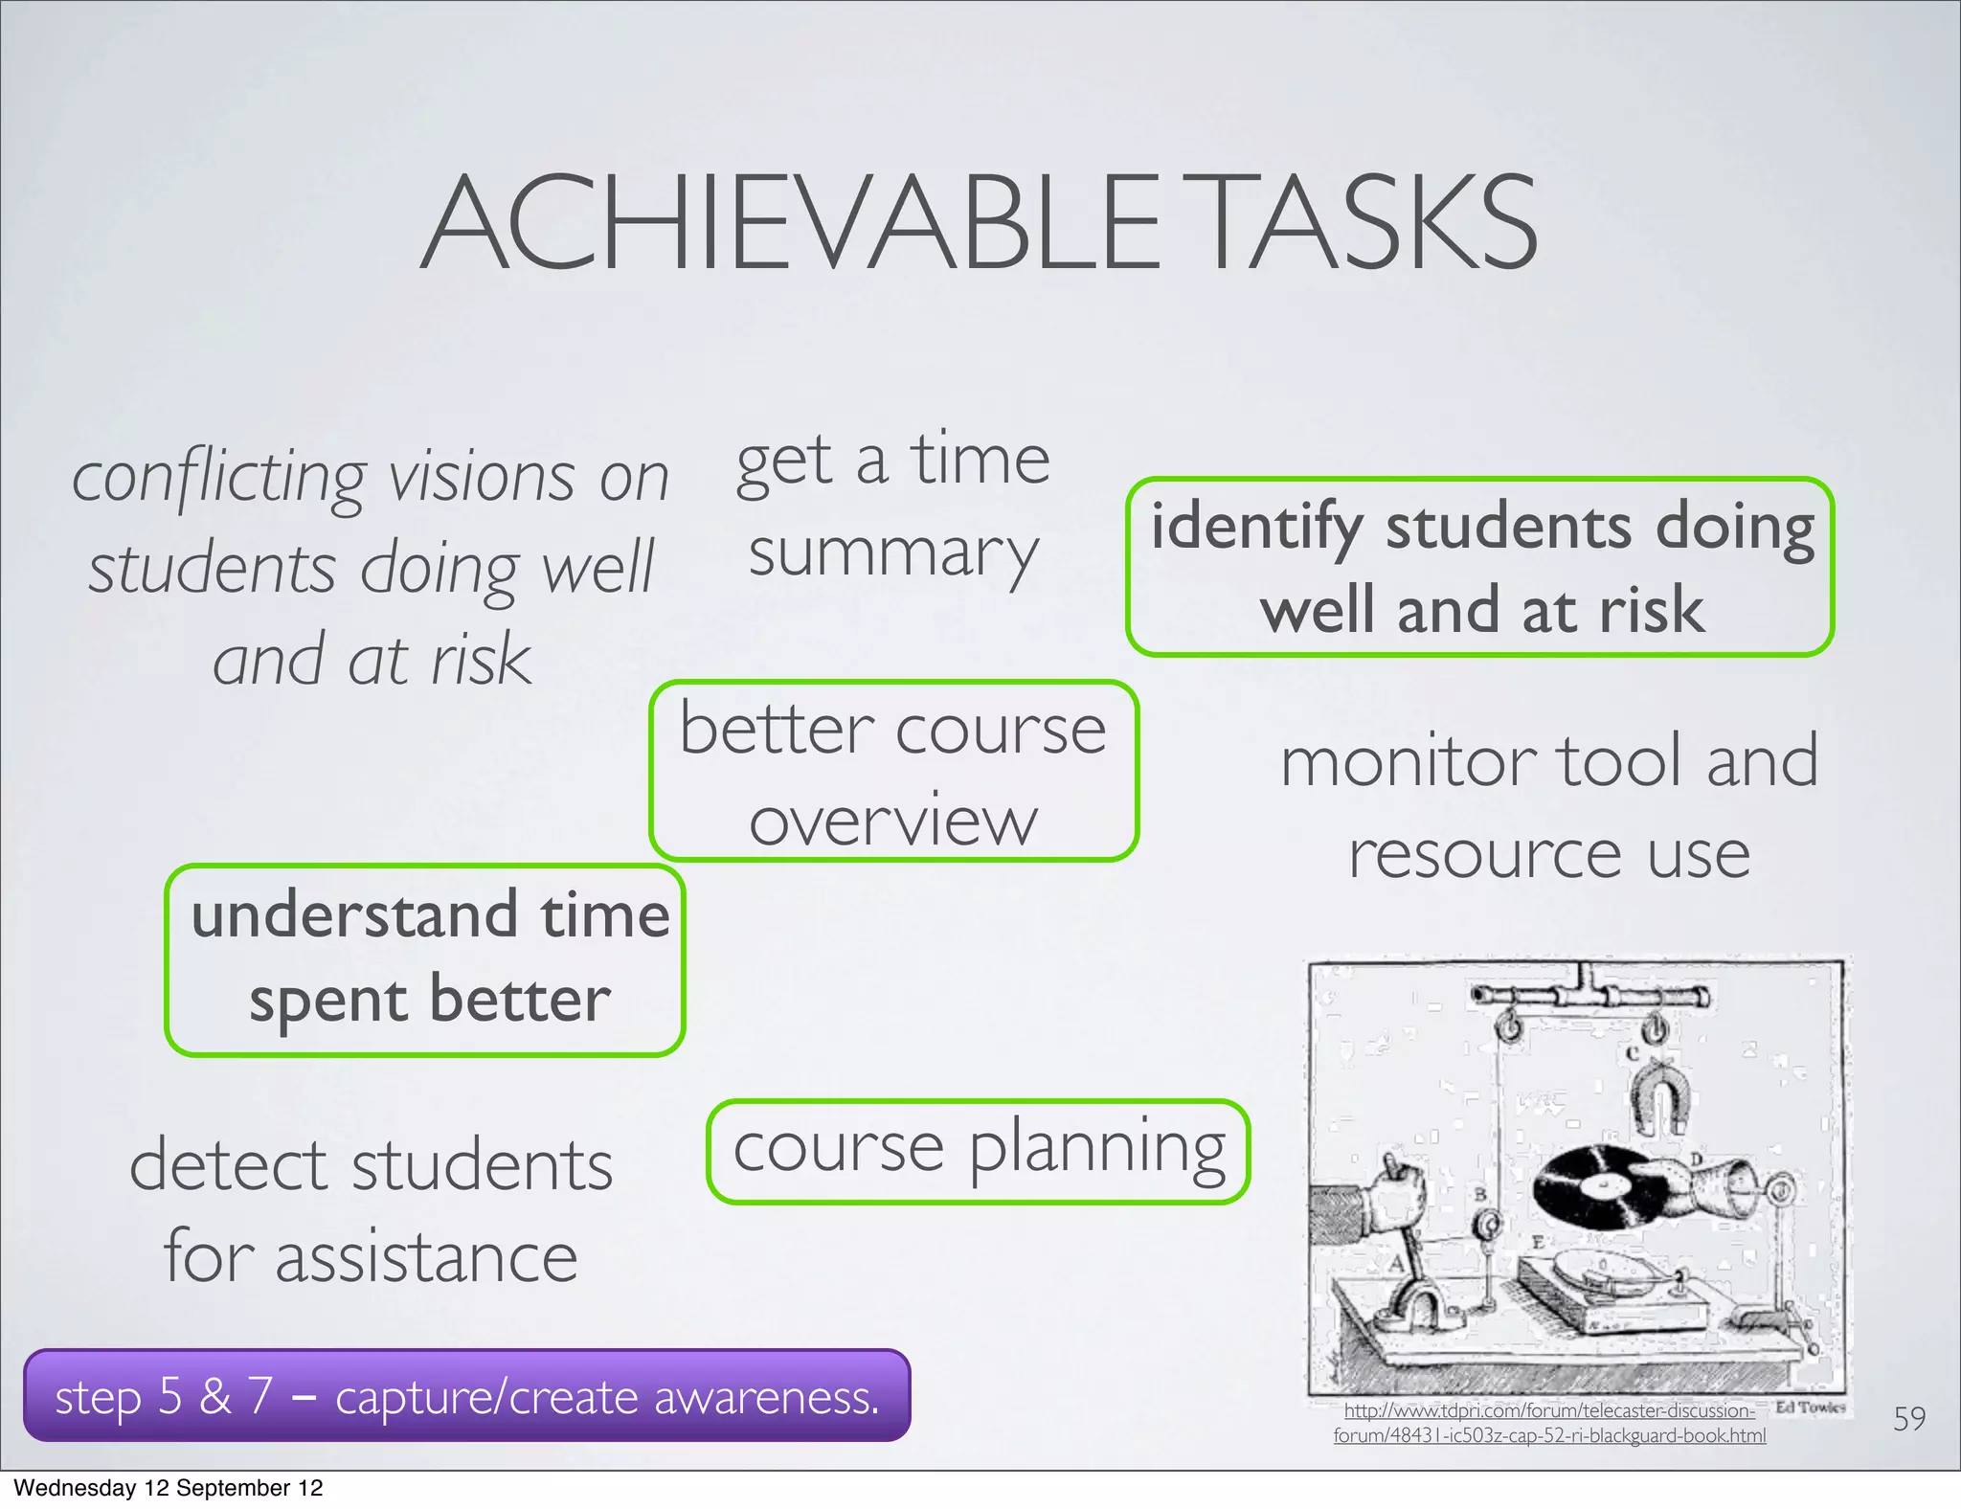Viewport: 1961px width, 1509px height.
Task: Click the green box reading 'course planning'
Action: coord(979,1150)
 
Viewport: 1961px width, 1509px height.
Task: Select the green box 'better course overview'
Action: coord(893,771)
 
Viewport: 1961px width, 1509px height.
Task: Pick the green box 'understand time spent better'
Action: coord(425,959)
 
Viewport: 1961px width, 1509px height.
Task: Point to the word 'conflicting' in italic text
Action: coord(219,479)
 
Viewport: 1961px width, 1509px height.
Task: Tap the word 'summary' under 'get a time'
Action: coord(893,555)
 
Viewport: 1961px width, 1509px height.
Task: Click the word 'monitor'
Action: coord(1407,762)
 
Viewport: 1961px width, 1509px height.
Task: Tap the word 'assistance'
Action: coord(427,1258)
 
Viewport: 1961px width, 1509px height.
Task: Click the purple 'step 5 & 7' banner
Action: coord(466,1396)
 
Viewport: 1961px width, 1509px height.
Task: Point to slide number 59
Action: coord(1908,1418)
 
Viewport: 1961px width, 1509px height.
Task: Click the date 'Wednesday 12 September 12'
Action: coord(169,1488)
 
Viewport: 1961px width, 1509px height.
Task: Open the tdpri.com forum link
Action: coord(1549,1423)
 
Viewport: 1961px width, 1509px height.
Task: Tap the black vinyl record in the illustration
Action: coord(1600,1187)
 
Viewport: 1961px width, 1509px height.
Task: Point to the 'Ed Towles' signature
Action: coord(1810,1408)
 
